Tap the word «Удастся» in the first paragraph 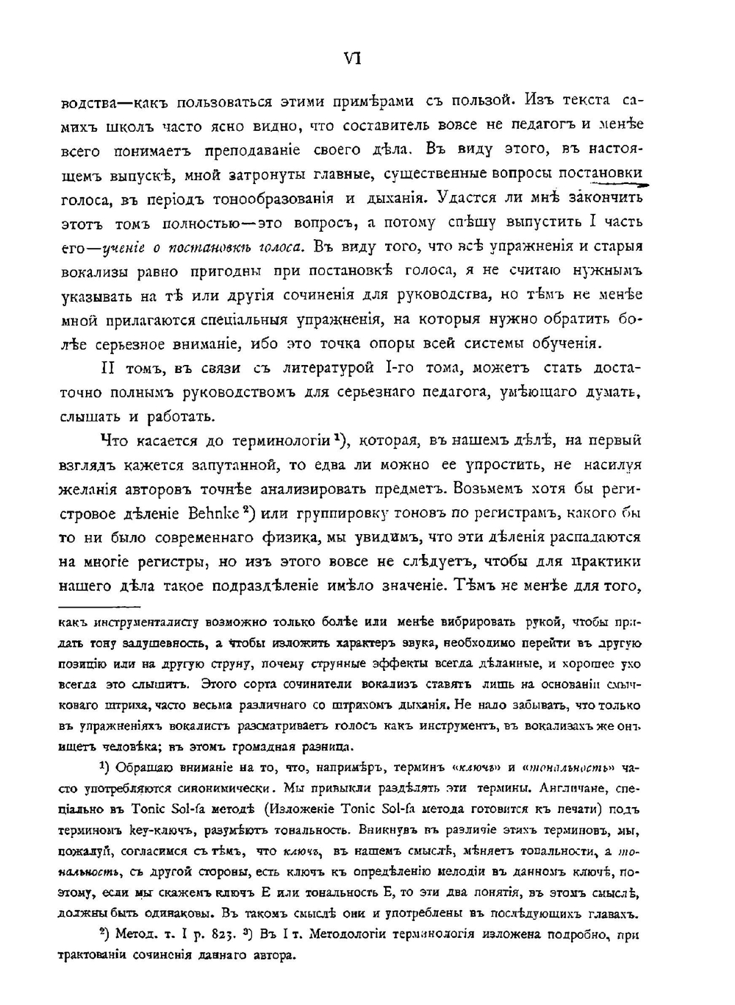(465, 198)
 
